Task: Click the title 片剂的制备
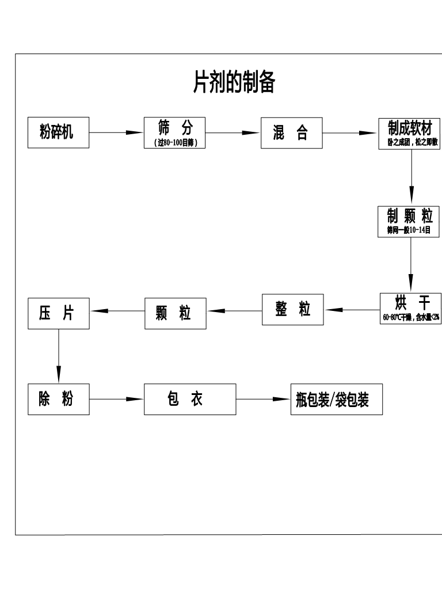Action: [x=234, y=83]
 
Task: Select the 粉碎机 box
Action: [x=59, y=132]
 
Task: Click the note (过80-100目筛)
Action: [x=174, y=142]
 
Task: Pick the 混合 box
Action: [x=291, y=133]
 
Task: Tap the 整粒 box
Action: [x=293, y=309]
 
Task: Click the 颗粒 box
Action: [x=175, y=313]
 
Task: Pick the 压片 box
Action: [x=59, y=313]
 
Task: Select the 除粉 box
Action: [x=59, y=399]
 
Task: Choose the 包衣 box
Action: [x=190, y=399]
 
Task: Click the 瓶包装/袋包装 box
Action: [x=336, y=399]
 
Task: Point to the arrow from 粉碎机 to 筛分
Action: [x=116, y=133]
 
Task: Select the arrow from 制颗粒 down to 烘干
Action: [x=411, y=265]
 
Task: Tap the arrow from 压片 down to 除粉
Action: [x=59, y=356]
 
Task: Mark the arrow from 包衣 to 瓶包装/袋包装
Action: [x=262, y=399]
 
